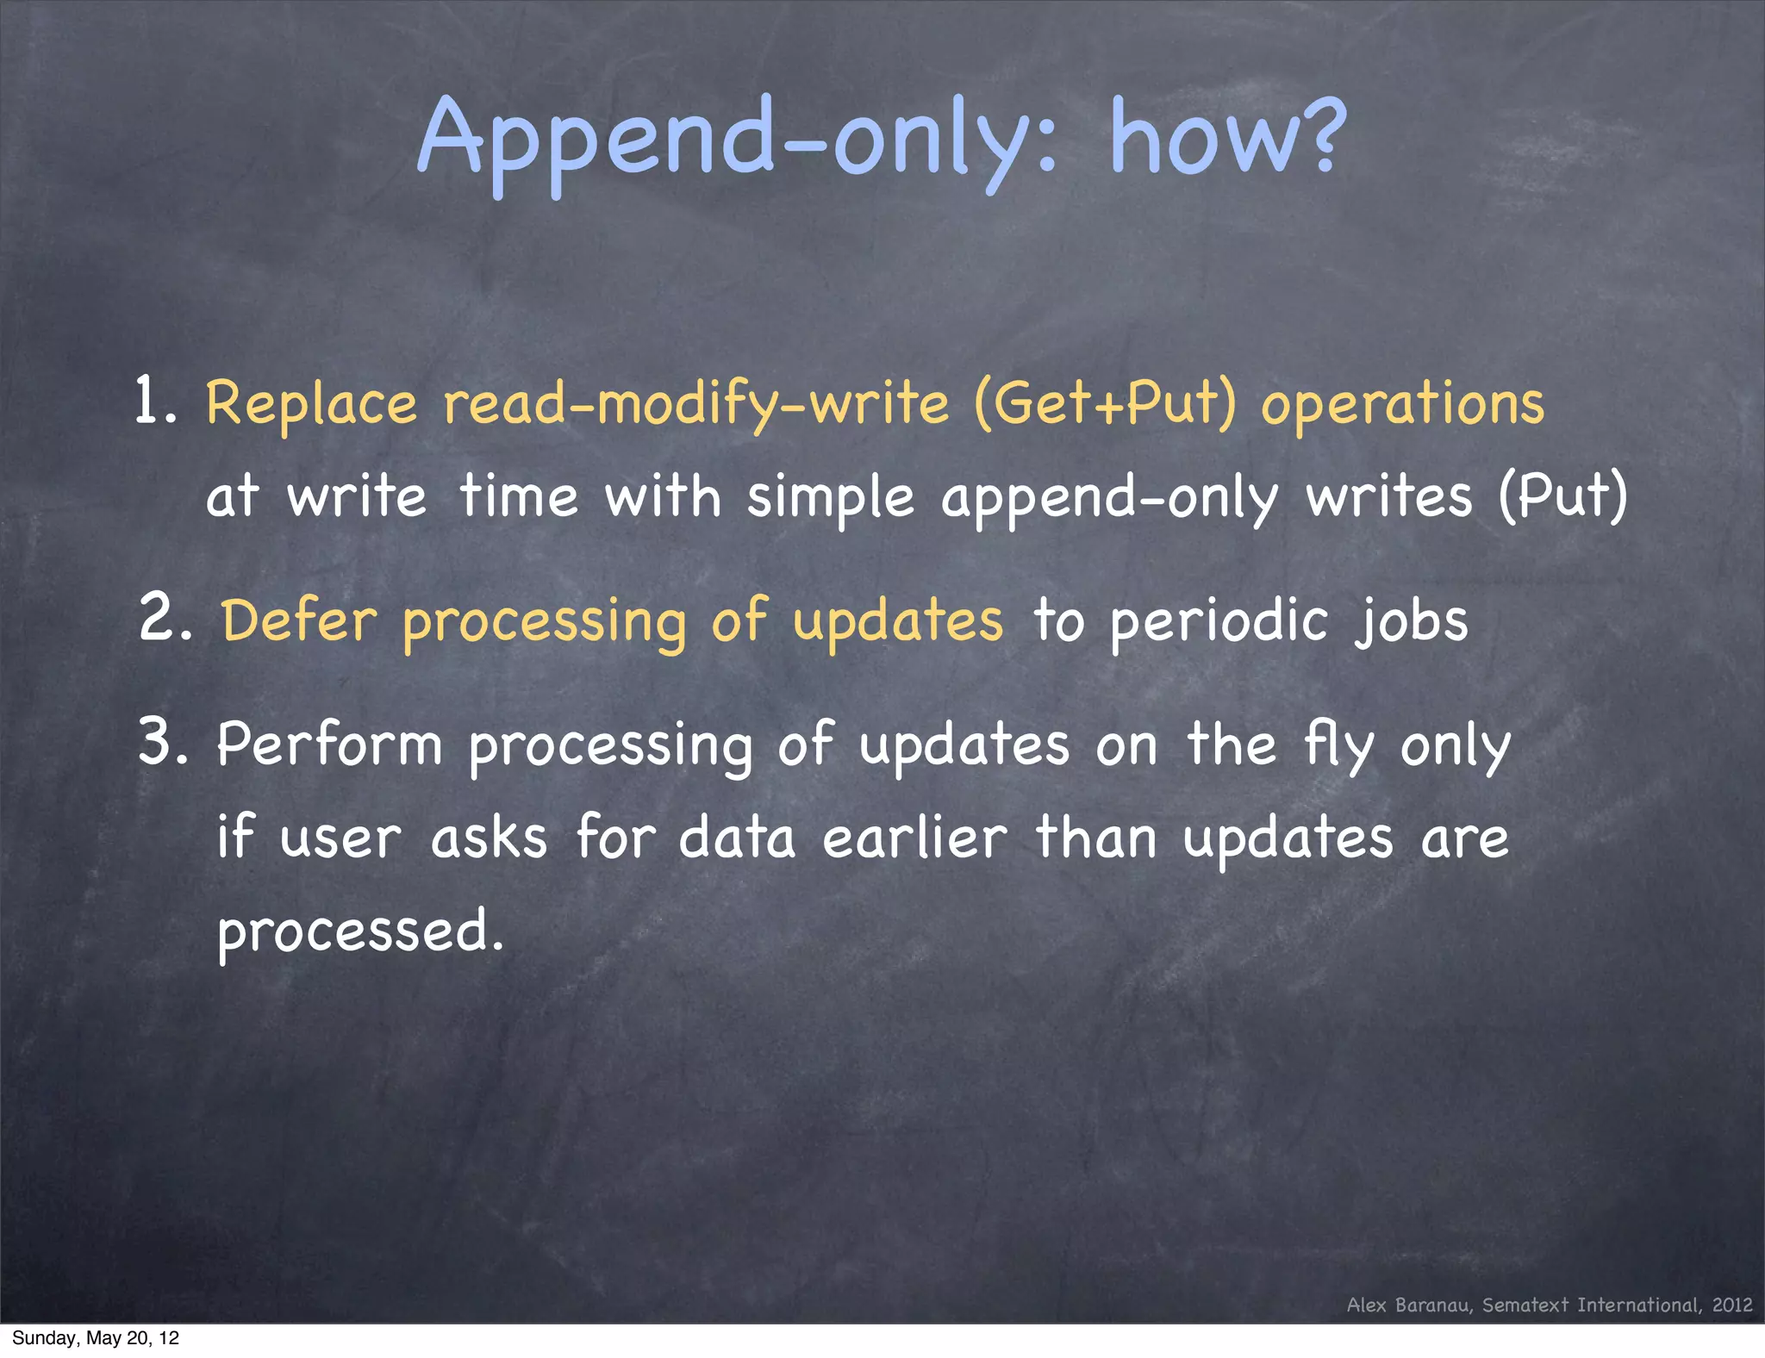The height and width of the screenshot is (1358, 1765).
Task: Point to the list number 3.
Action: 162,743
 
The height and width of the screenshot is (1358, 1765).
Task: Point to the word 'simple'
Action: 830,498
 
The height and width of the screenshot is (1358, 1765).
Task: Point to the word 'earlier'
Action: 914,837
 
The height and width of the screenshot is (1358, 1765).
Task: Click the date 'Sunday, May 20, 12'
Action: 96,1338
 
